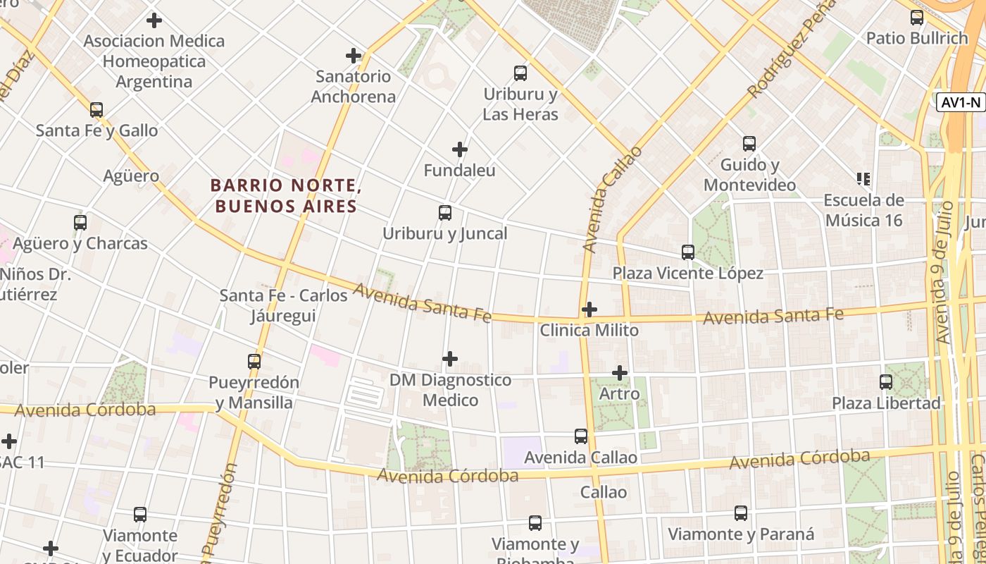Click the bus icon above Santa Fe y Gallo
(x=96, y=110)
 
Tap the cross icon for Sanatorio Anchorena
(x=354, y=56)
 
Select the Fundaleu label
(x=459, y=171)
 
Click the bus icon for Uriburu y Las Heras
(x=520, y=73)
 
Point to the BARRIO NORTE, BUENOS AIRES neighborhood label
(x=286, y=196)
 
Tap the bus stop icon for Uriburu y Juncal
(x=445, y=213)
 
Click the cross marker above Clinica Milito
(x=589, y=309)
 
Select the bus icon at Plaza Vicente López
(x=688, y=252)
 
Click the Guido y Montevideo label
(x=750, y=175)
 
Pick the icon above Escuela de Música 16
(x=863, y=179)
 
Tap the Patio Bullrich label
(x=917, y=38)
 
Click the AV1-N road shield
(x=961, y=102)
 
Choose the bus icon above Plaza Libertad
(x=886, y=382)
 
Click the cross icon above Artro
(x=620, y=373)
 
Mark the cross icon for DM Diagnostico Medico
(x=450, y=360)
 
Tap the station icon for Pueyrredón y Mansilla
(x=254, y=362)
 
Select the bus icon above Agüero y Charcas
(x=80, y=223)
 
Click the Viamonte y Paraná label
(x=741, y=534)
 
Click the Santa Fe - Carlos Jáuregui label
(x=283, y=305)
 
